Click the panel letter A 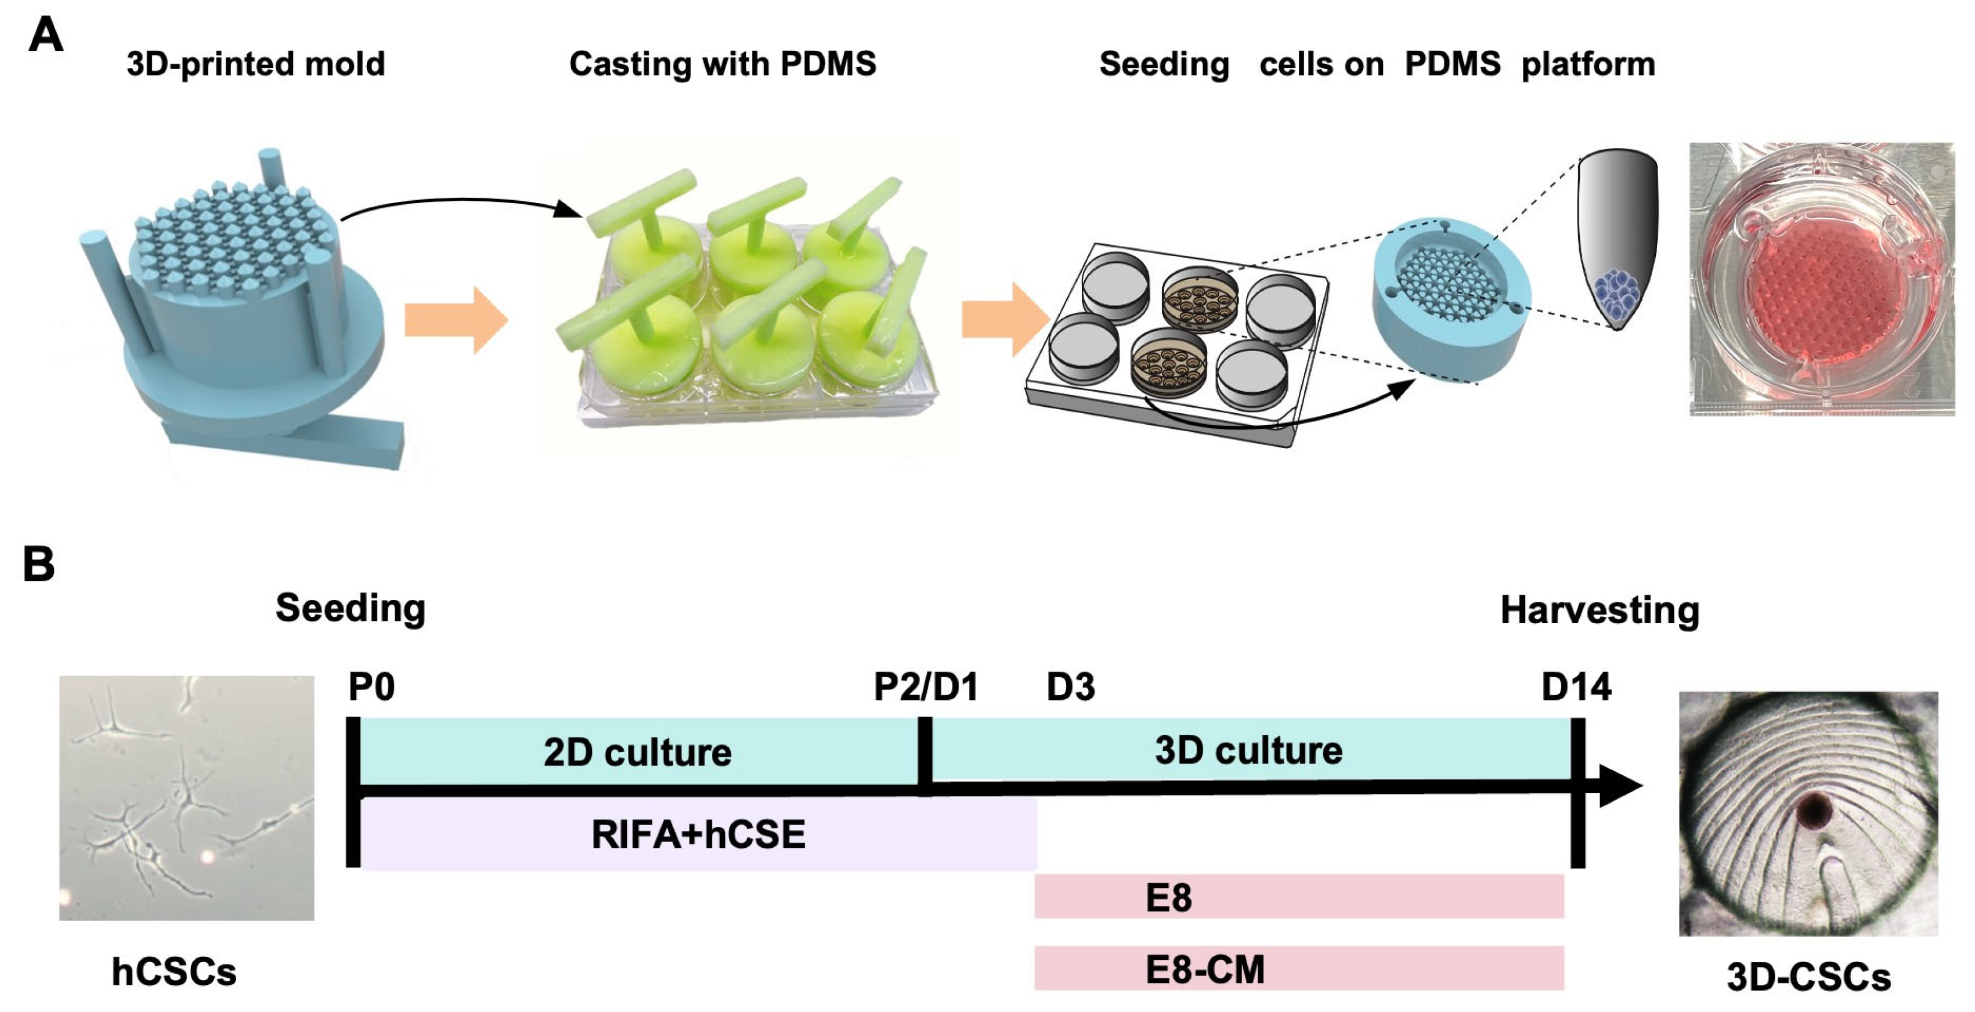[45, 35]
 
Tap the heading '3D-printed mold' [255, 64]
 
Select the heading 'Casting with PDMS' [722, 64]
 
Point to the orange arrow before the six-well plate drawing [1005, 320]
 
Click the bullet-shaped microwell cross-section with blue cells [1617, 238]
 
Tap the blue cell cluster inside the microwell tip [1617, 295]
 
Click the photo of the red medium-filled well [1822, 280]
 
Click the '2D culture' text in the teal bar [637, 752]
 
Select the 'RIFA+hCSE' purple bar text [698, 834]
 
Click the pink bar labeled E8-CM [1299, 968]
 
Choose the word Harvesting [1600, 610]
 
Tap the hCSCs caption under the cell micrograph [174, 972]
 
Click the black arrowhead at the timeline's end [1619, 785]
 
